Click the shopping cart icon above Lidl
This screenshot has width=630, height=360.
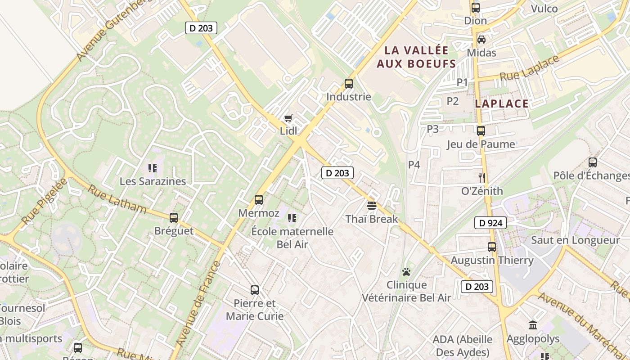coord(288,118)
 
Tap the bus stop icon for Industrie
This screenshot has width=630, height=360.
coord(349,83)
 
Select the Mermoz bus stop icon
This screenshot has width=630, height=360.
coord(259,199)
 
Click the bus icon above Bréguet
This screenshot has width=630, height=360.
coord(174,218)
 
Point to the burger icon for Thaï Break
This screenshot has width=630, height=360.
coord(372,206)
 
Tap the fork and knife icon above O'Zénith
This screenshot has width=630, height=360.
coord(482,177)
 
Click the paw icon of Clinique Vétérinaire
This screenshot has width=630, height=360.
coord(406,272)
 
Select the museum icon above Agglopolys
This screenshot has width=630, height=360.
coord(533,325)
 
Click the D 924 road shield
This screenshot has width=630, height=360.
coord(490,223)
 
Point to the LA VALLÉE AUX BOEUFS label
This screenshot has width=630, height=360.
coord(416,57)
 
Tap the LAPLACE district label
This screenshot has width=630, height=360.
coord(502,104)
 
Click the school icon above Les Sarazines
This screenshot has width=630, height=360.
coord(153,168)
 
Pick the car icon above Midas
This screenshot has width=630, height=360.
coord(481,40)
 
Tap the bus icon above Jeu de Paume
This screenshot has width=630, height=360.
coord(481,131)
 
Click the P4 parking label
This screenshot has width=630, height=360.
coord(414,165)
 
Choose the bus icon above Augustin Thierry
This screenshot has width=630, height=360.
coord(492,247)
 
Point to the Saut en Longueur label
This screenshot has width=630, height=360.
coord(576,240)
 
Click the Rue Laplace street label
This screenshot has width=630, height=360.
coord(529,69)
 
